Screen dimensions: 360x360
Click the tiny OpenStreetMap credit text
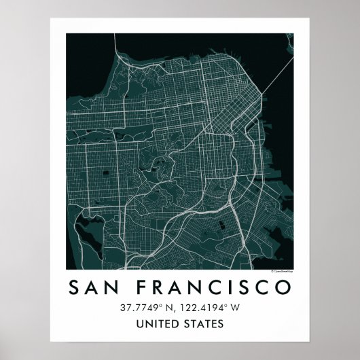(x=281, y=271)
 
